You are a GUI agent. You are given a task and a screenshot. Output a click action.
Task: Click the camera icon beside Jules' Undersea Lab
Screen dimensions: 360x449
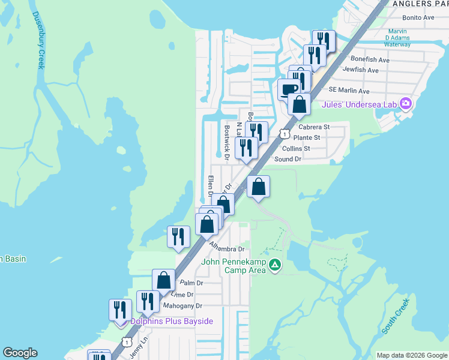coord(406,104)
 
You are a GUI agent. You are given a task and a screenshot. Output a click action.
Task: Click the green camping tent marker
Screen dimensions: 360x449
coord(274,264)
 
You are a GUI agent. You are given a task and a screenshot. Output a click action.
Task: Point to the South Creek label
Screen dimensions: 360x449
coord(395,316)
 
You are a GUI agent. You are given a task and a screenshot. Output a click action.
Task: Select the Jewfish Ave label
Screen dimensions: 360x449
coord(361,70)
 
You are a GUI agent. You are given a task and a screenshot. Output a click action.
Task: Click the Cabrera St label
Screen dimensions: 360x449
coord(315,127)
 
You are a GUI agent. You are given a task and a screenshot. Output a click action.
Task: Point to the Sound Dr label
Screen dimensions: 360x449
coord(288,159)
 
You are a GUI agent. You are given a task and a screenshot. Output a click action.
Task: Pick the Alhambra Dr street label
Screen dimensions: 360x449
coord(228,247)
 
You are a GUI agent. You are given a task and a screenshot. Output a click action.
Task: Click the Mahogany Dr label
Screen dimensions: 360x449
coord(182,306)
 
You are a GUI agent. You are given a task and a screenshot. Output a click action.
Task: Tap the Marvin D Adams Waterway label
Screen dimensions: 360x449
coord(406,38)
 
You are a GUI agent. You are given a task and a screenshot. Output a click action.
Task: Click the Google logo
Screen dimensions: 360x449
coord(20,353)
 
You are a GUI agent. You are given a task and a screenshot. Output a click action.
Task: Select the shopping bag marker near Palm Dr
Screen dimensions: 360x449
coord(163,280)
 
